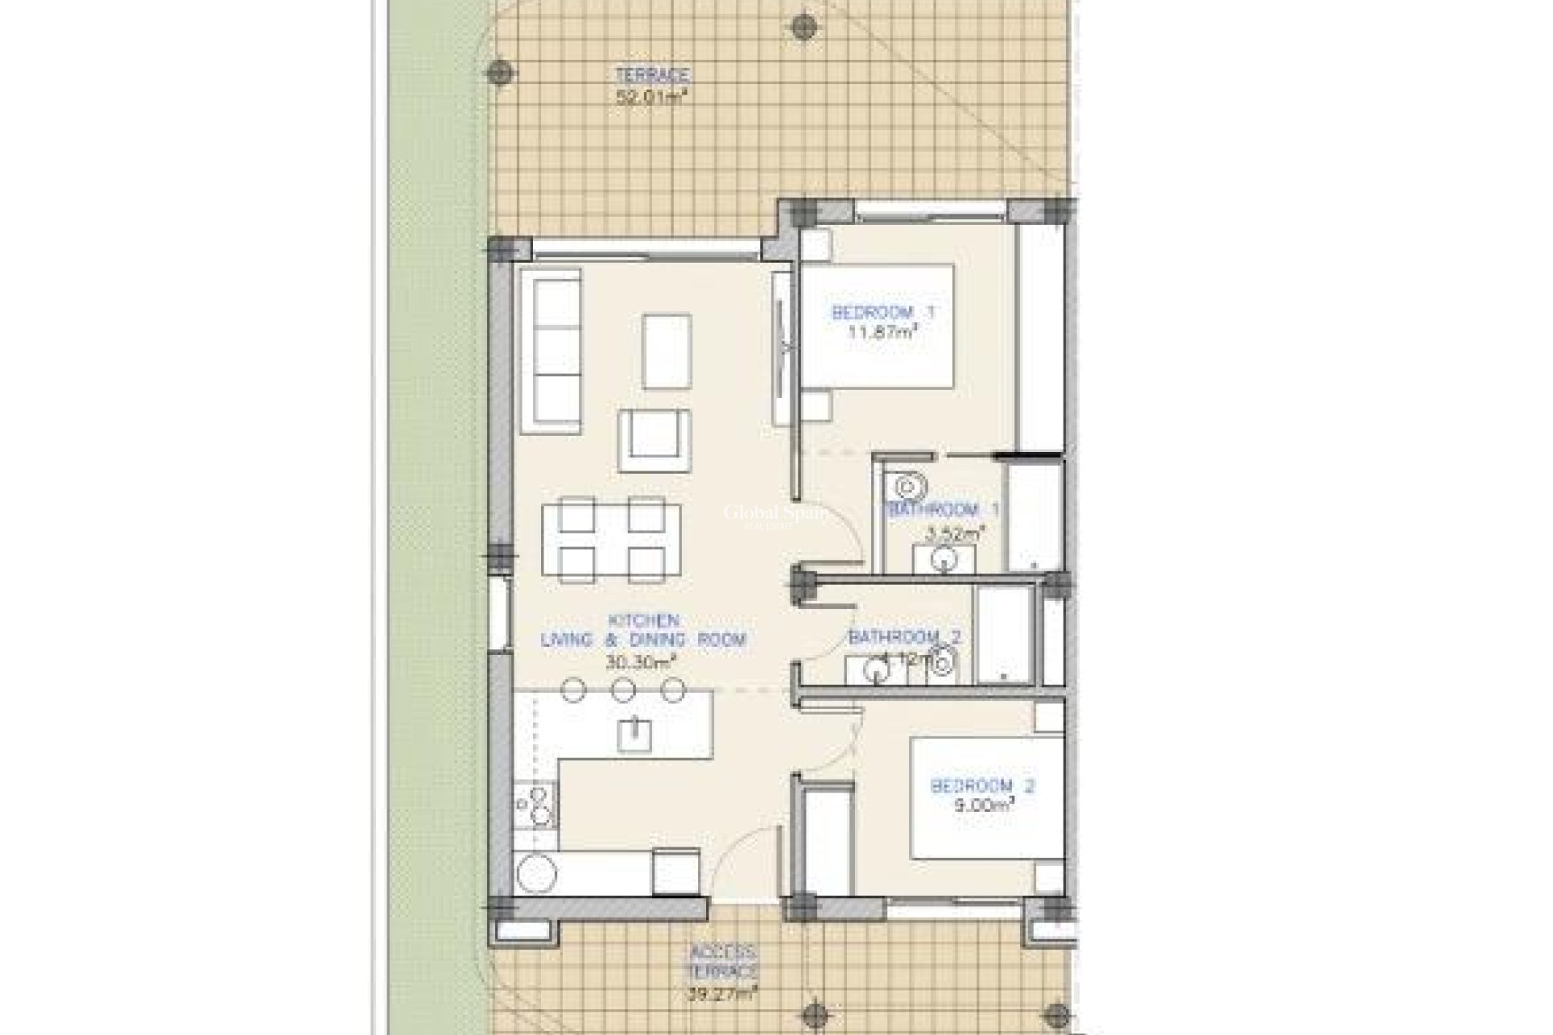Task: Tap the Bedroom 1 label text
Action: [x=883, y=312]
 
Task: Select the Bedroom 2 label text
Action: [x=983, y=785]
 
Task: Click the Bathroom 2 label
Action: [x=904, y=636]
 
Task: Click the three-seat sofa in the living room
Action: [x=550, y=355]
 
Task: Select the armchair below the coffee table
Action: [x=654, y=440]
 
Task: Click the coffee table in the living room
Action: [x=666, y=352]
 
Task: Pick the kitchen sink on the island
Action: [x=634, y=734]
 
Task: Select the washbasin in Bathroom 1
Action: [x=944, y=558]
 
